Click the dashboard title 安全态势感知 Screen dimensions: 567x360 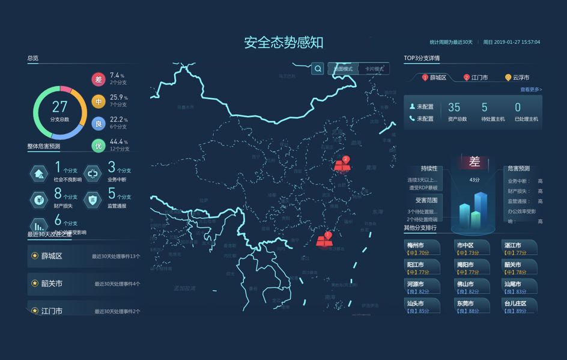point(283,43)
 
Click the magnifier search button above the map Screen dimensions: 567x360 point(318,69)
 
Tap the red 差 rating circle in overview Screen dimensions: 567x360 point(99,79)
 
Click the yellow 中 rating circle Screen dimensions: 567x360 point(99,101)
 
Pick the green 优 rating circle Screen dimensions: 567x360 point(99,145)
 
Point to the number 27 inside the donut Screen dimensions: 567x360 point(59,107)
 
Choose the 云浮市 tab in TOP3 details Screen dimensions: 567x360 point(517,78)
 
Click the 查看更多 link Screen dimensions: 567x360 point(531,90)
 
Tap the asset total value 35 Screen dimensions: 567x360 point(454,108)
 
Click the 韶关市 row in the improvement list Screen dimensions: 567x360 point(84,283)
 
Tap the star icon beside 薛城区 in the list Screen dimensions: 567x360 point(35,256)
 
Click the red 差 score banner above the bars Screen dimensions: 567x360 point(475,162)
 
